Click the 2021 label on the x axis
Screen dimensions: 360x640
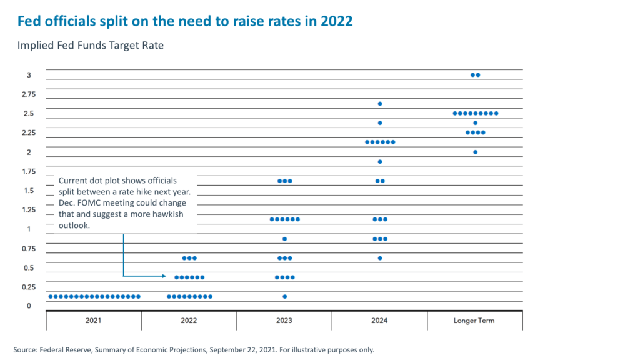coord(94,321)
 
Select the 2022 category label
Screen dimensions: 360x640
coord(189,321)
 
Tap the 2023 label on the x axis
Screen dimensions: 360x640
coord(284,321)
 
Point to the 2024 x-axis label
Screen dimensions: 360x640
coord(379,321)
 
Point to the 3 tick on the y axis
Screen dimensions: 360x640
coord(29,75)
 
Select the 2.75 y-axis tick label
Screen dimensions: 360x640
coord(29,94)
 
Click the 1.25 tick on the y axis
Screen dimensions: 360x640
coord(29,210)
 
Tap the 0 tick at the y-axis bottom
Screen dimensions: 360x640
coord(29,306)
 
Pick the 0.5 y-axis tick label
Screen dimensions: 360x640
coord(29,268)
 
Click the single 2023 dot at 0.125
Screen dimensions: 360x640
coord(285,296)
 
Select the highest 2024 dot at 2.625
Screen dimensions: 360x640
coord(380,104)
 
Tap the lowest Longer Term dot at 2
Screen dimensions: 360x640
coord(475,152)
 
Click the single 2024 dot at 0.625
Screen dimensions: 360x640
coord(380,258)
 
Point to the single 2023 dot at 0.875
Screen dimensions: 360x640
coord(285,239)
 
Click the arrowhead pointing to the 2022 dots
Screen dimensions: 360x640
coord(164,276)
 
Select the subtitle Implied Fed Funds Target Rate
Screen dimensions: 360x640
coord(90,46)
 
